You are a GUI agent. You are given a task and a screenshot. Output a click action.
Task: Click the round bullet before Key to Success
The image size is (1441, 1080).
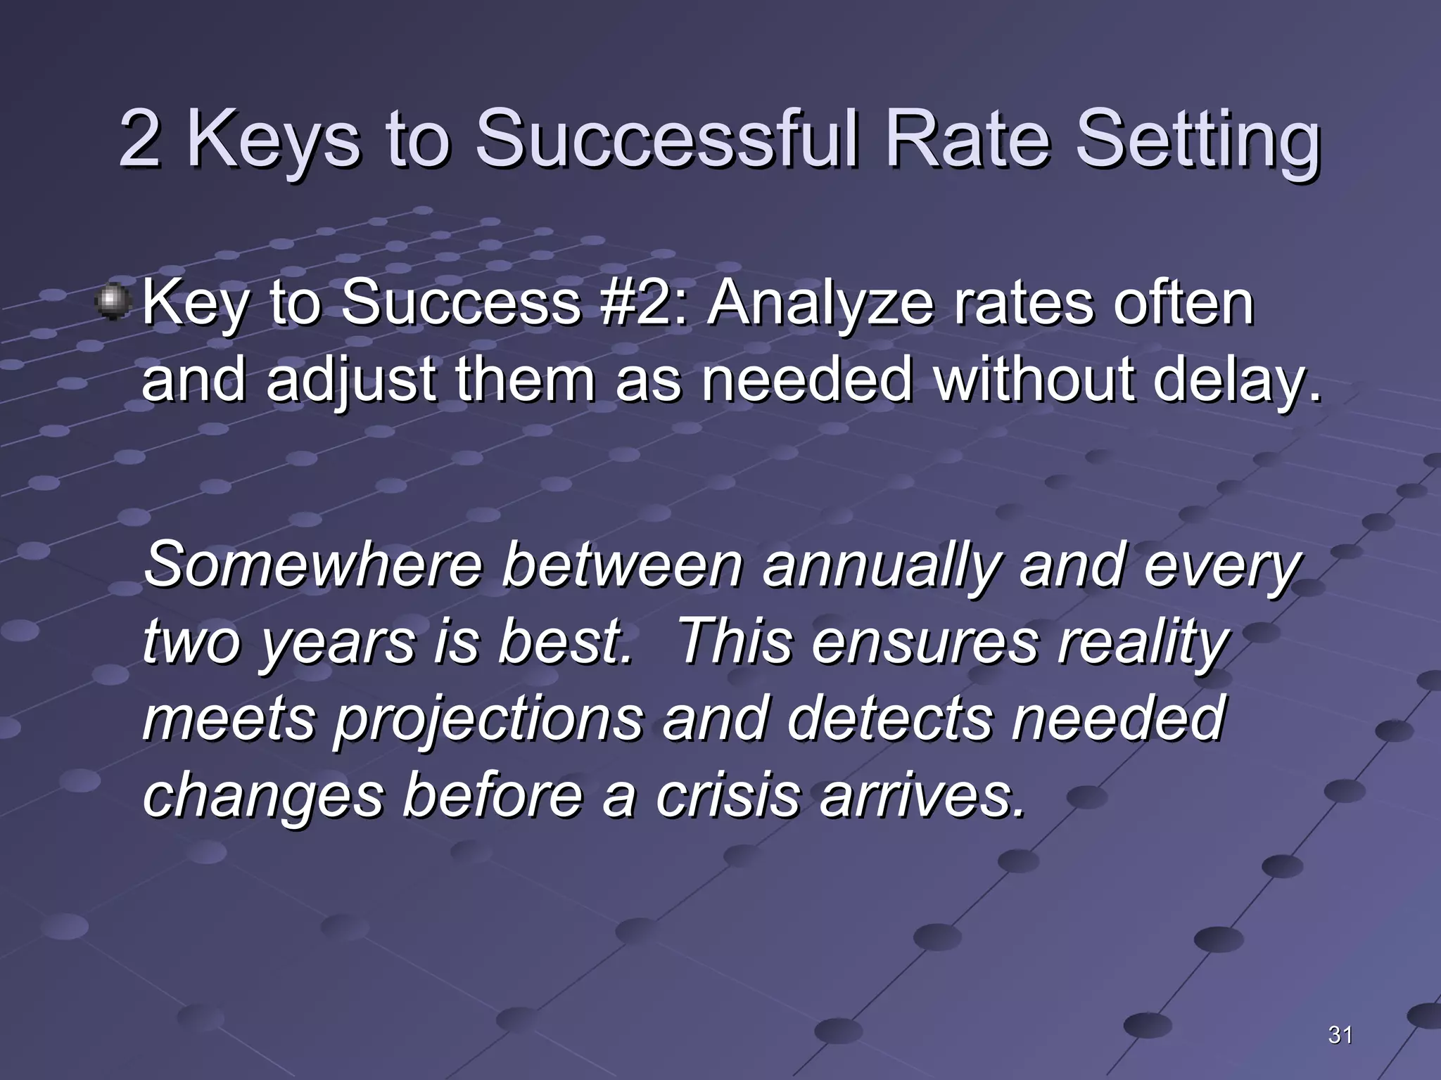click(111, 303)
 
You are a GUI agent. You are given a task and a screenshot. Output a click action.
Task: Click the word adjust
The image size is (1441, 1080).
click(351, 380)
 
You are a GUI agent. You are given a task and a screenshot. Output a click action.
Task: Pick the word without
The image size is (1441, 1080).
click(1034, 379)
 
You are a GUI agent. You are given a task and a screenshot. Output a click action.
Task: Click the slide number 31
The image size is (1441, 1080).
click(1340, 1035)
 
